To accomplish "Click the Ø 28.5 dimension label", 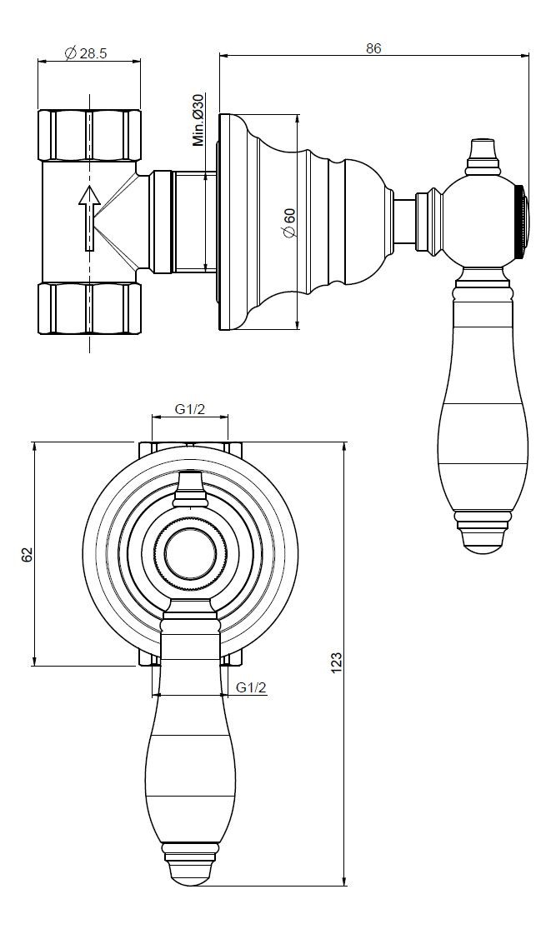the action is [x=85, y=53].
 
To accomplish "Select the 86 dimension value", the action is [x=373, y=48].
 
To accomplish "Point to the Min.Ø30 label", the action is [x=198, y=120].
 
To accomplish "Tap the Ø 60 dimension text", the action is [x=288, y=223].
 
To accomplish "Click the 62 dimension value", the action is [x=27, y=555].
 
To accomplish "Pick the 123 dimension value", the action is [x=336, y=663].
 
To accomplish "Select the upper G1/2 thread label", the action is [x=190, y=409].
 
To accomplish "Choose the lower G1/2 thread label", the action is [x=252, y=687].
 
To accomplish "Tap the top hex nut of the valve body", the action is [x=89, y=135].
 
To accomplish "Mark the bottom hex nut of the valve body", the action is [x=89, y=308].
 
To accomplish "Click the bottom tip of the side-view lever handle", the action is [x=483, y=552].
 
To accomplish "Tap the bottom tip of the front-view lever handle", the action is [x=190, y=885].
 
